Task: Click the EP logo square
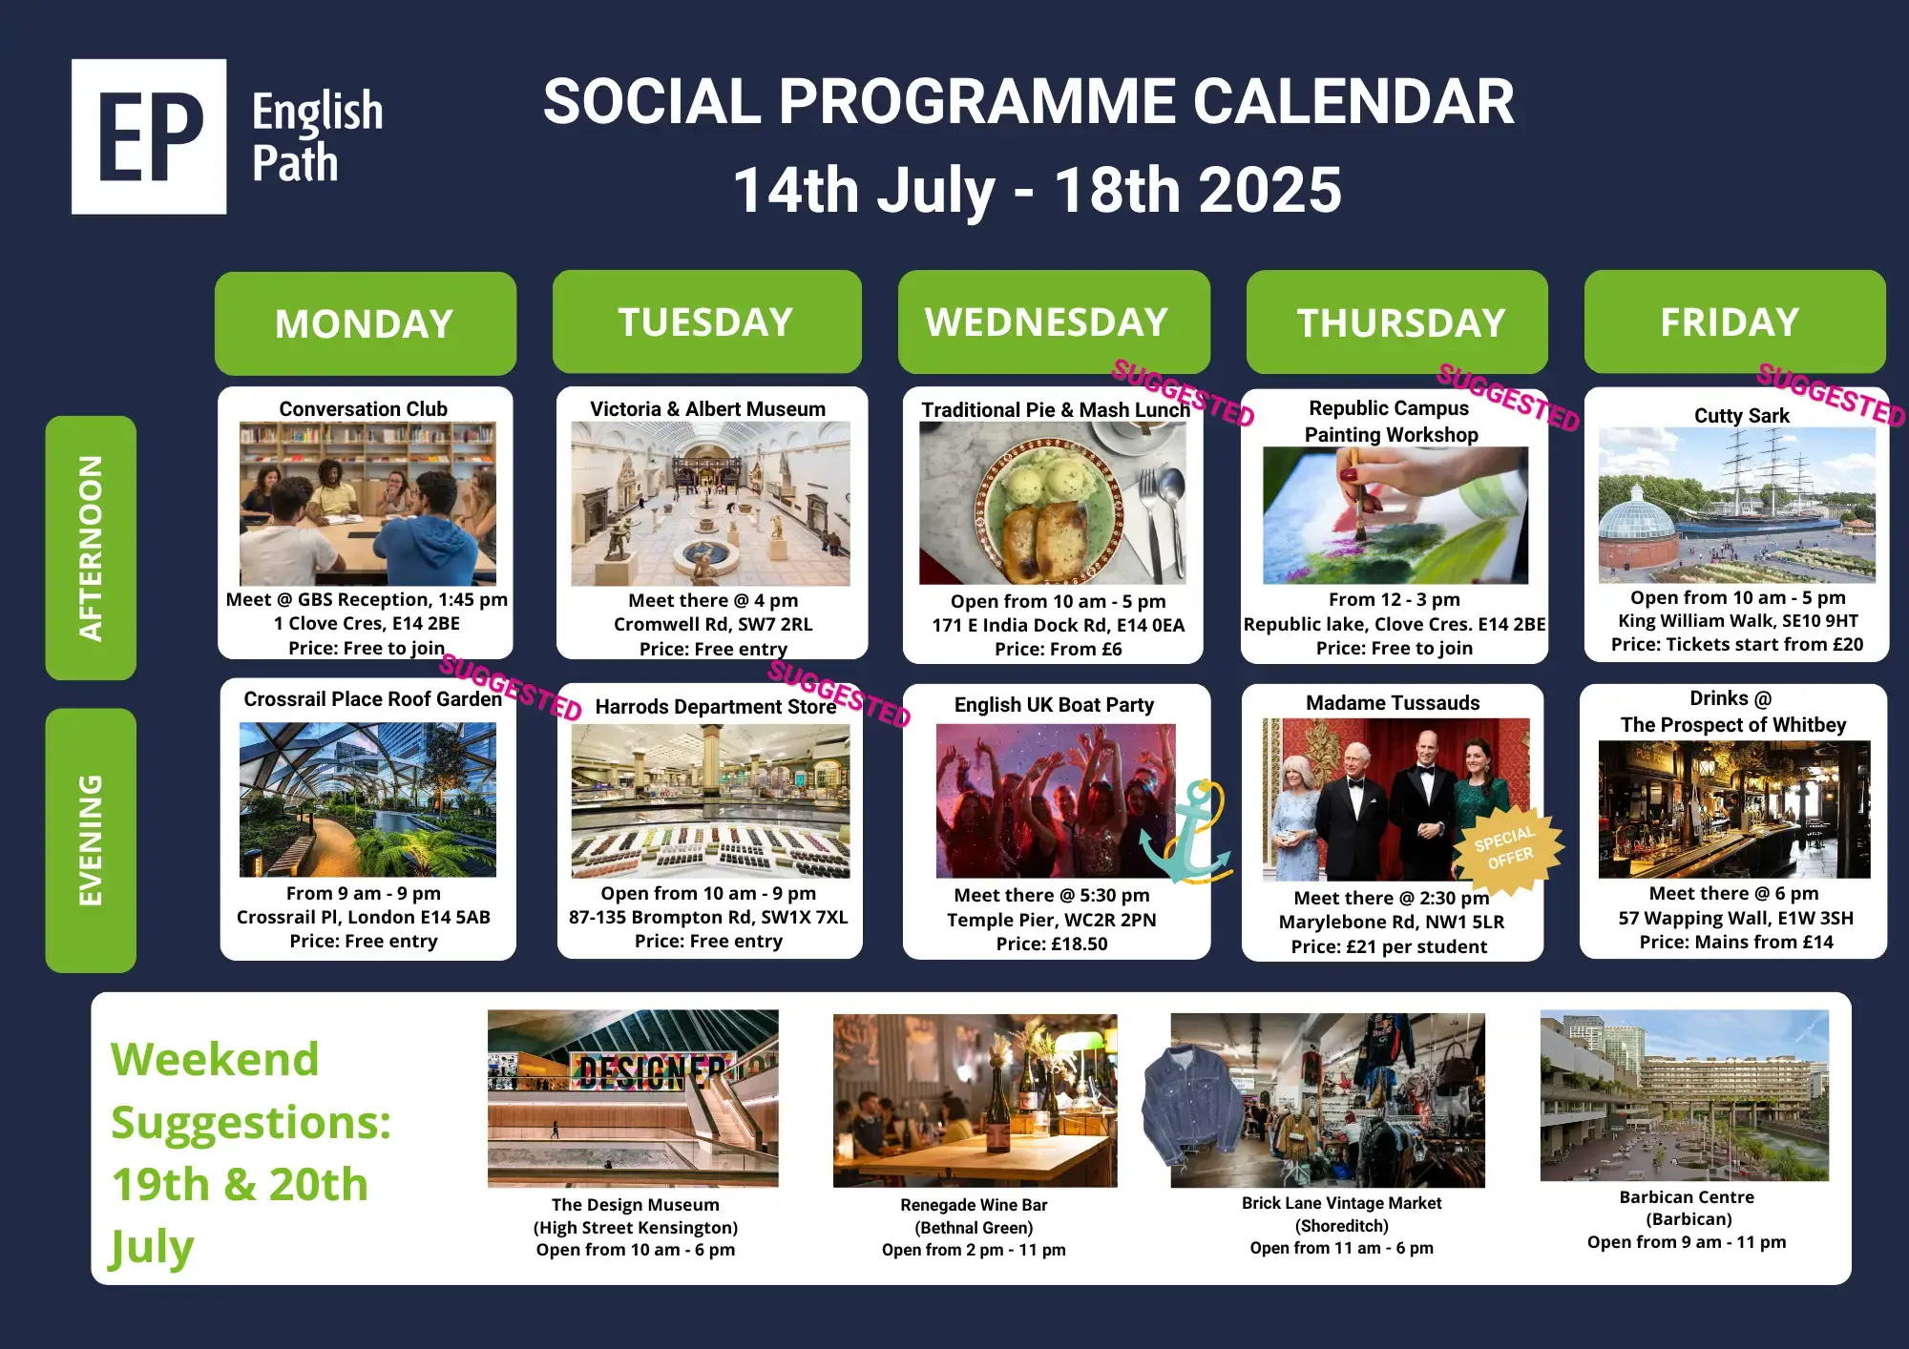(149, 136)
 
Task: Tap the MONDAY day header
(366, 323)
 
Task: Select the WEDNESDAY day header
(1054, 322)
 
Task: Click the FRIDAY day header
(1734, 322)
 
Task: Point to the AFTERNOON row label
(91, 548)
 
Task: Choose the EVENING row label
(91, 841)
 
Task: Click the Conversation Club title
(364, 408)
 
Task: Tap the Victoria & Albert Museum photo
(710, 504)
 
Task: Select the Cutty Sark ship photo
(1737, 505)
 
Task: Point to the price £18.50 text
(1052, 944)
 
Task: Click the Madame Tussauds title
(1393, 703)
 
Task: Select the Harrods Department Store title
(716, 707)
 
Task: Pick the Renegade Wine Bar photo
(975, 1100)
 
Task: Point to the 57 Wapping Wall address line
(1735, 918)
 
